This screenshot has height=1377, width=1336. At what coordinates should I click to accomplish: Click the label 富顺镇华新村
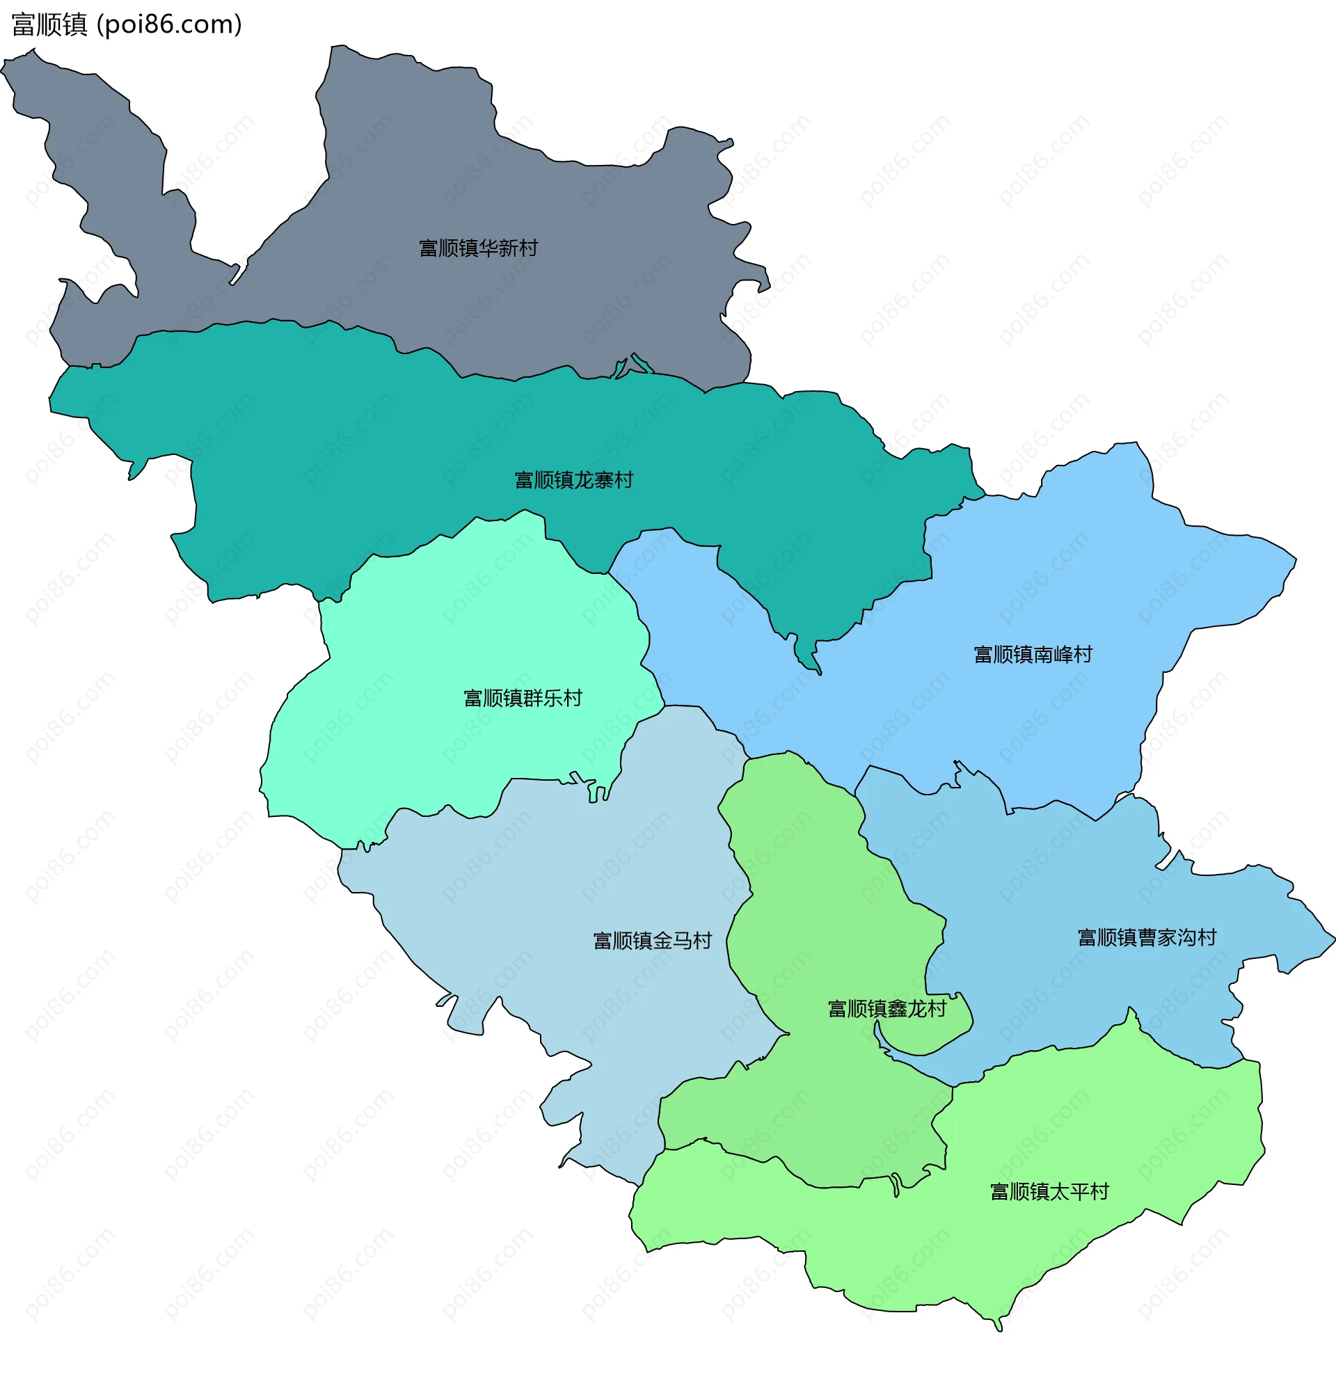tap(477, 248)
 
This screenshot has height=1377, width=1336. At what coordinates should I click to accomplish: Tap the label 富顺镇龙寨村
tap(573, 480)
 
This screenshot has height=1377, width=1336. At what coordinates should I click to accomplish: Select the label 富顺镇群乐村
tap(523, 698)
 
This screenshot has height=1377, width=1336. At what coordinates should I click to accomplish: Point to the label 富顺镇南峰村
tap(1033, 654)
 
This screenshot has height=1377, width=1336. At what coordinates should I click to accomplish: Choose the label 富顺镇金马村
tap(652, 940)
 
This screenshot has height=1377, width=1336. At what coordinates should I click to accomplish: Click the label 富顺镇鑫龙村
tap(886, 1009)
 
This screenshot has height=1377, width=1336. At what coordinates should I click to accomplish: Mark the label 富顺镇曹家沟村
tap(1146, 937)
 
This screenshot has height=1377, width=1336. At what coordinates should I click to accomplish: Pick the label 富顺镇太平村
tap(1049, 1191)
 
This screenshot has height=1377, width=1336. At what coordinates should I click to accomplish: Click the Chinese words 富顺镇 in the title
tap(49, 24)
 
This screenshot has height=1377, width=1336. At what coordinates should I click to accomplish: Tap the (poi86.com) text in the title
tap(169, 24)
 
